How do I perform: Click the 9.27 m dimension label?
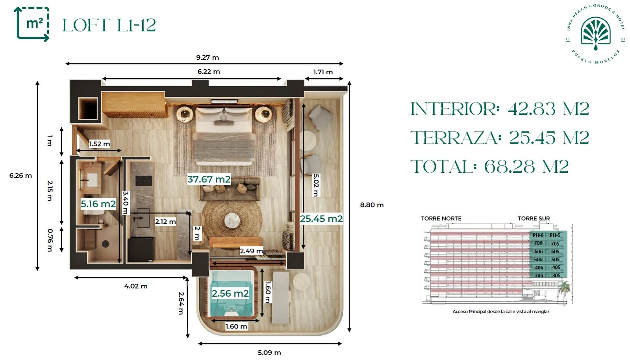[207, 57]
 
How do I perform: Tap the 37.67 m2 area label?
[209, 179]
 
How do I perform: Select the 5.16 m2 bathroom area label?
[98, 204]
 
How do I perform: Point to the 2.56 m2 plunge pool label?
[230, 294]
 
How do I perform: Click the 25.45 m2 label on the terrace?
[321, 218]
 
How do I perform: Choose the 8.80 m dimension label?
[372, 205]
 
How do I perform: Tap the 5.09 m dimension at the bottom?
[269, 353]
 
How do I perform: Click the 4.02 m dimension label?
[136, 286]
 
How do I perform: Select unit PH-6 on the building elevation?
[538, 235]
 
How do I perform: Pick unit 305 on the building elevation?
[556, 275]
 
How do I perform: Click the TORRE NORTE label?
[441, 218]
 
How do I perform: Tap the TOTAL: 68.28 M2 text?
[490, 166]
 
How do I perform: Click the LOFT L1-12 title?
[109, 25]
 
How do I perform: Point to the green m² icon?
[32, 24]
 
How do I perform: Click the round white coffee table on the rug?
[232, 220]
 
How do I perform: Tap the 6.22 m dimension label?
[208, 72]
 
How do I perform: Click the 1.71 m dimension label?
[323, 72]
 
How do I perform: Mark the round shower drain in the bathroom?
[106, 244]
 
